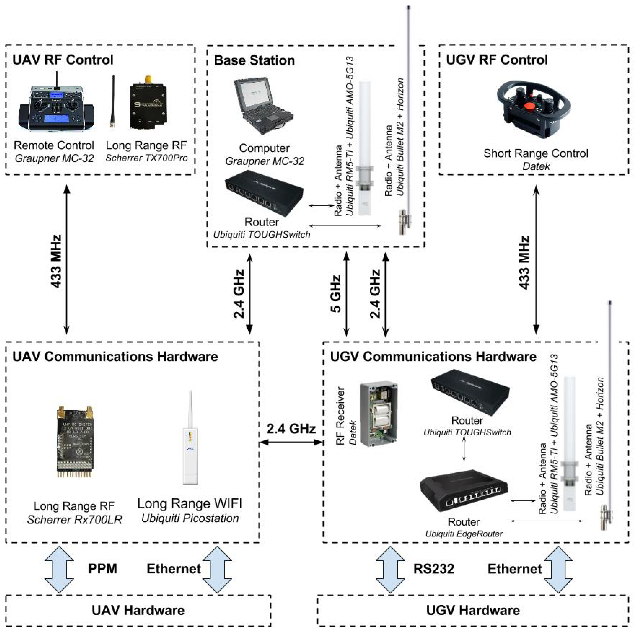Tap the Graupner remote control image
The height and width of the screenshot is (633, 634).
click(56, 108)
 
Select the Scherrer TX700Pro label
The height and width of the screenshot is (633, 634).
click(146, 158)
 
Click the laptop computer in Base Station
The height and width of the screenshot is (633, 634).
click(262, 108)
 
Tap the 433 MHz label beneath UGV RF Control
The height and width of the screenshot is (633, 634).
click(524, 262)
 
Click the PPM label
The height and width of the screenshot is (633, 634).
click(102, 568)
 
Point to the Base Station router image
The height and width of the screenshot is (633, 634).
click(264, 194)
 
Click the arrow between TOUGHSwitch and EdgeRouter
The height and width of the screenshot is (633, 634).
click(464, 449)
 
